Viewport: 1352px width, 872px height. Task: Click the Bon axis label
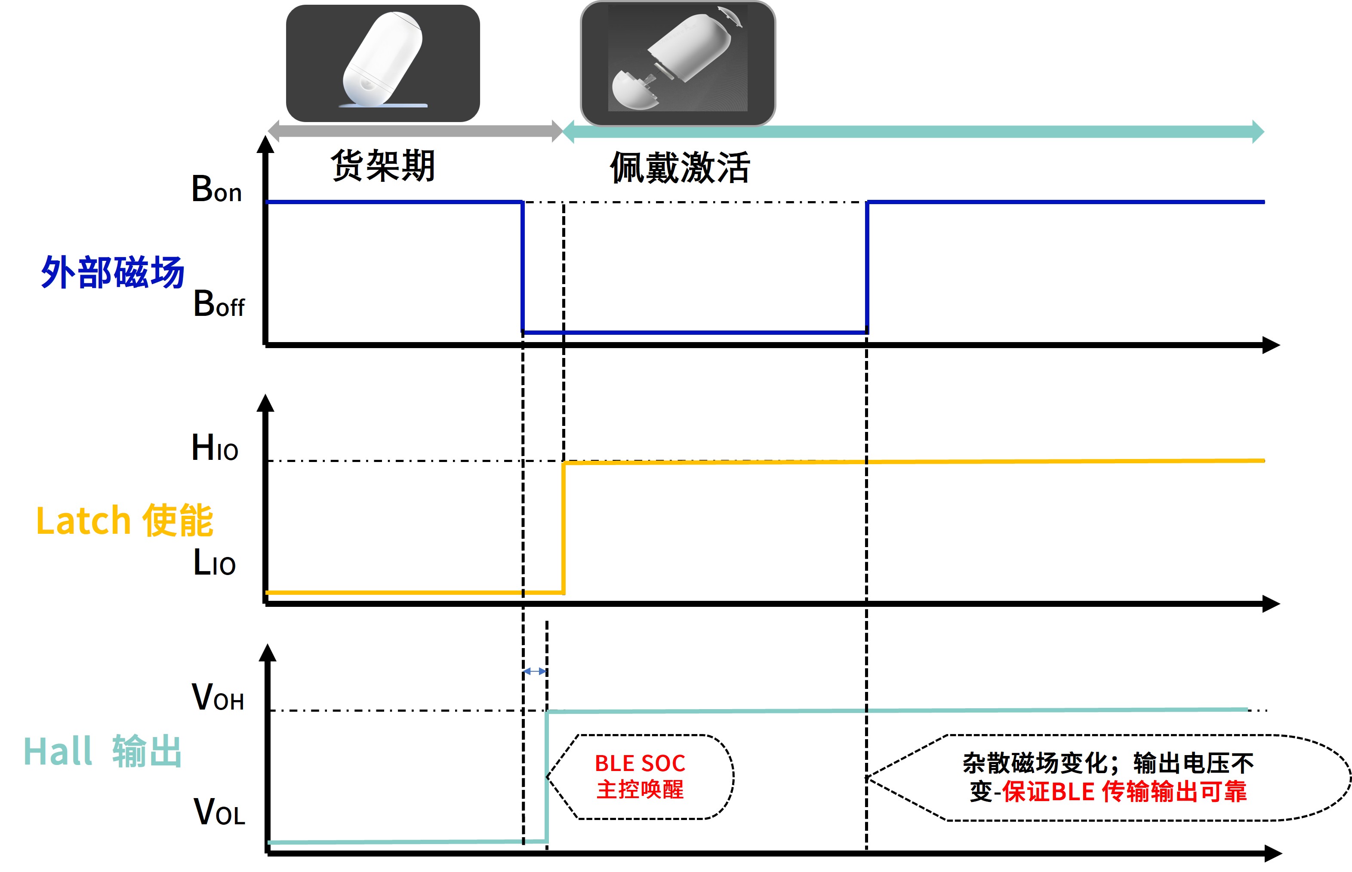tap(216, 189)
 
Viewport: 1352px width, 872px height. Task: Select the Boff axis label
tap(219, 305)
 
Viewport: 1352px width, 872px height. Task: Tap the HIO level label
tap(215, 448)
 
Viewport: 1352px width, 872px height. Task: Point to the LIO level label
tap(214, 563)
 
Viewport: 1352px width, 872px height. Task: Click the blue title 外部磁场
tap(113, 272)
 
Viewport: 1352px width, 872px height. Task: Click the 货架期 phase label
tap(383, 166)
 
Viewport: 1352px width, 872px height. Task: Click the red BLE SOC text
tap(640, 763)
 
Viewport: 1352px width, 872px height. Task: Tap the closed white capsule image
tap(383, 63)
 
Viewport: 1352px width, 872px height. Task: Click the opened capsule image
tap(678, 63)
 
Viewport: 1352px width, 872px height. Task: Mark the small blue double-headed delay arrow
tap(534, 672)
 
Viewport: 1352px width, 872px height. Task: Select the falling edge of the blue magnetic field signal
tap(523, 266)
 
